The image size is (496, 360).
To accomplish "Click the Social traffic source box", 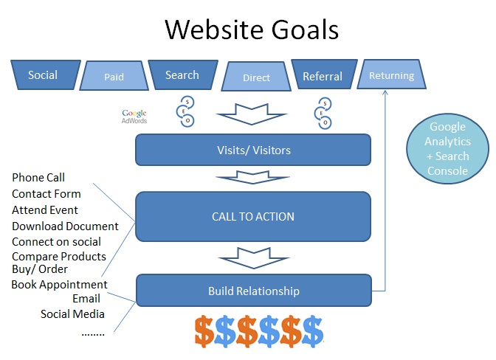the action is click(46, 75).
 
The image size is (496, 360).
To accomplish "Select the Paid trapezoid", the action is click(114, 76).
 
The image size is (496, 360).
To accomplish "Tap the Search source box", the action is click(183, 75).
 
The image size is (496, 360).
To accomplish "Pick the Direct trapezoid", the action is click(256, 77).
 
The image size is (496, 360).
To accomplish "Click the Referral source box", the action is click(324, 75).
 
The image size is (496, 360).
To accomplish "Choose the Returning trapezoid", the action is click(392, 75).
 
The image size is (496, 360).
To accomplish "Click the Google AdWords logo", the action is click(134, 117).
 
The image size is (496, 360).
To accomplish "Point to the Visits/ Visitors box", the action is click(253, 150).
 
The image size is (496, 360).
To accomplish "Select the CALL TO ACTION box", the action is click(253, 216).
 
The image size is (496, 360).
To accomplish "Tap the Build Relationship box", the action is click(254, 291).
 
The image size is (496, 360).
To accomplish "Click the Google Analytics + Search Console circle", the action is click(447, 148).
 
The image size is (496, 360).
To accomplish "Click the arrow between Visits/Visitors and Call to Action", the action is click(252, 177).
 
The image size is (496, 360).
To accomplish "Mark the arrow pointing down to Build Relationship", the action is click(254, 258).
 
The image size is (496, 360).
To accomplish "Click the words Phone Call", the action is click(38, 178).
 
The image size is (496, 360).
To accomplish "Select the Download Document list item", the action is click(65, 226).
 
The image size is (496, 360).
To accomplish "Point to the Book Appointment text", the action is click(60, 285).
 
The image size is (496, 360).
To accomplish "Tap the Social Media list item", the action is click(72, 314).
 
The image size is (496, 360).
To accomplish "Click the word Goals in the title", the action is click(305, 30).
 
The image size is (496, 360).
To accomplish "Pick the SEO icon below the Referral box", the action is click(323, 113).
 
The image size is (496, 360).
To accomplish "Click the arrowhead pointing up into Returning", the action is click(385, 93).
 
